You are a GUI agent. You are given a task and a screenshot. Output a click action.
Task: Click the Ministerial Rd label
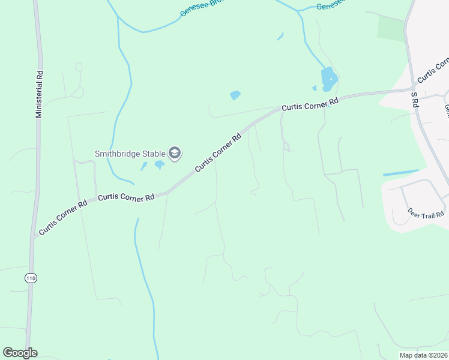pyautogui.click(x=40, y=94)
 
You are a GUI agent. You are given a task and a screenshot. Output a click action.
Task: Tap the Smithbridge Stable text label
pyautogui.click(x=130, y=153)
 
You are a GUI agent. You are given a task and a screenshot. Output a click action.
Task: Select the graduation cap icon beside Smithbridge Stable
pyautogui.click(x=175, y=153)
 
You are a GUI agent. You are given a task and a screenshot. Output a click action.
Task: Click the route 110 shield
pyautogui.click(x=30, y=277)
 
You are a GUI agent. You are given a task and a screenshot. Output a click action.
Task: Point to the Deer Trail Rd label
pyautogui.click(x=426, y=213)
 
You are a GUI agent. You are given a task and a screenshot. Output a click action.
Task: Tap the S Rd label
pyautogui.click(x=414, y=100)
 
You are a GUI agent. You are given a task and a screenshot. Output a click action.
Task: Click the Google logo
pyautogui.click(x=20, y=352)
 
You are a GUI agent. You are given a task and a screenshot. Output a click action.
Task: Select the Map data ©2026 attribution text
pyautogui.click(x=423, y=355)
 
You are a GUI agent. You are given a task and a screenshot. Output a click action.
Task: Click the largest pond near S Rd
pyautogui.click(x=329, y=79)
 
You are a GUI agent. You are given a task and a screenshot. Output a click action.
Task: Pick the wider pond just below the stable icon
pyautogui.click(x=160, y=164)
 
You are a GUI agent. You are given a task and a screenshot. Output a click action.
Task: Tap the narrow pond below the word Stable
pyautogui.click(x=144, y=166)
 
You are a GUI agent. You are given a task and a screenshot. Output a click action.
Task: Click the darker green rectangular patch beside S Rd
pyautogui.click(x=391, y=28)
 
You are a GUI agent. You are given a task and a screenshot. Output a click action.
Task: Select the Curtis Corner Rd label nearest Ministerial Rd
pyautogui.click(x=62, y=217)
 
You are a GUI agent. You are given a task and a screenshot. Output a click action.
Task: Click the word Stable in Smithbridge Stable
pyautogui.click(x=152, y=153)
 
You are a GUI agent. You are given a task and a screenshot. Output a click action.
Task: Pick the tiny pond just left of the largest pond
pyautogui.click(x=314, y=88)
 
